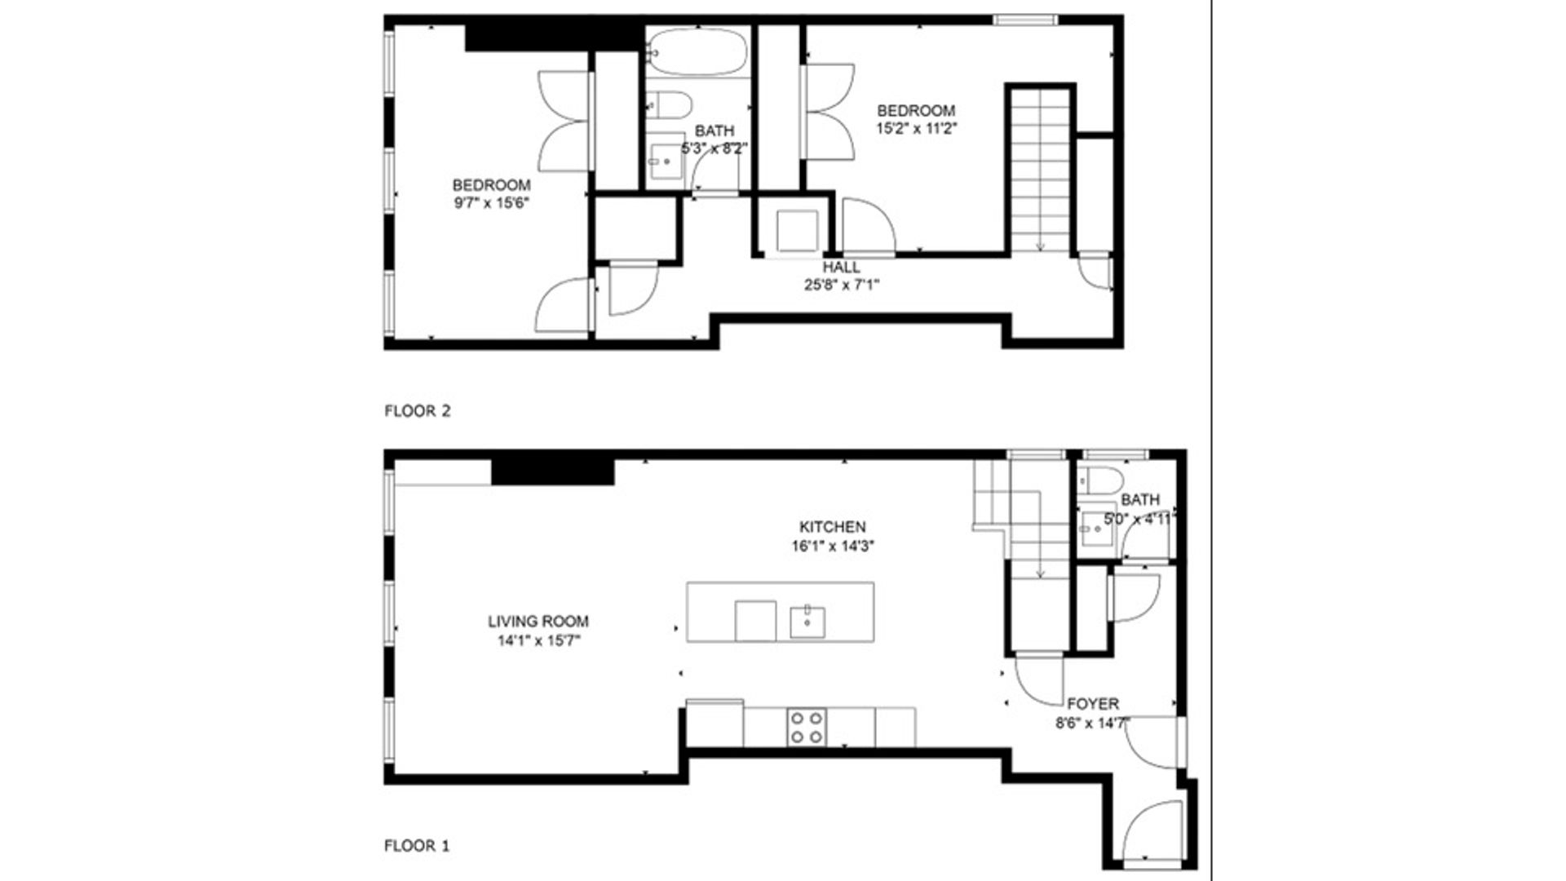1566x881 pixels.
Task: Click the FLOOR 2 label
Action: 417,411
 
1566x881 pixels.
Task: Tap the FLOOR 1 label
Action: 416,846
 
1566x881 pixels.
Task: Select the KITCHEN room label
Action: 832,527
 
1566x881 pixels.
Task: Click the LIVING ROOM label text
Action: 538,622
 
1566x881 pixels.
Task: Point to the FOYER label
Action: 1093,703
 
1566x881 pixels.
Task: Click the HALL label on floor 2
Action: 841,268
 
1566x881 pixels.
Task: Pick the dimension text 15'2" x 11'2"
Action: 916,128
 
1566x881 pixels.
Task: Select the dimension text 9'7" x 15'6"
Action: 492,203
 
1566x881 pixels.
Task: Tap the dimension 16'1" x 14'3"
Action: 832,547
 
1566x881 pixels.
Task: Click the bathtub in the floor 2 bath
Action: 698,51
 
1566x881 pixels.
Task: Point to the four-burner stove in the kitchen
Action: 807,727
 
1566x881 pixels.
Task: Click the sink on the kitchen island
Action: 807,622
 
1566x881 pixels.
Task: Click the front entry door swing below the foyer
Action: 1152,829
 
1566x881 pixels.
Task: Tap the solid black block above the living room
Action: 552,472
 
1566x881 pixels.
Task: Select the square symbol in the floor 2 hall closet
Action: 797,231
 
